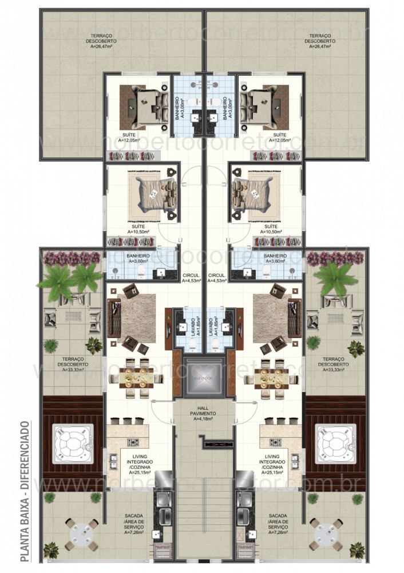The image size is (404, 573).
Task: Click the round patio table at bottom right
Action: [x=324, y=532]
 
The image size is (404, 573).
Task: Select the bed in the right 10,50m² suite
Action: [x=255, y=193]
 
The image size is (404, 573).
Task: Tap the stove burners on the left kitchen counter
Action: [x=134, y=442]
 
